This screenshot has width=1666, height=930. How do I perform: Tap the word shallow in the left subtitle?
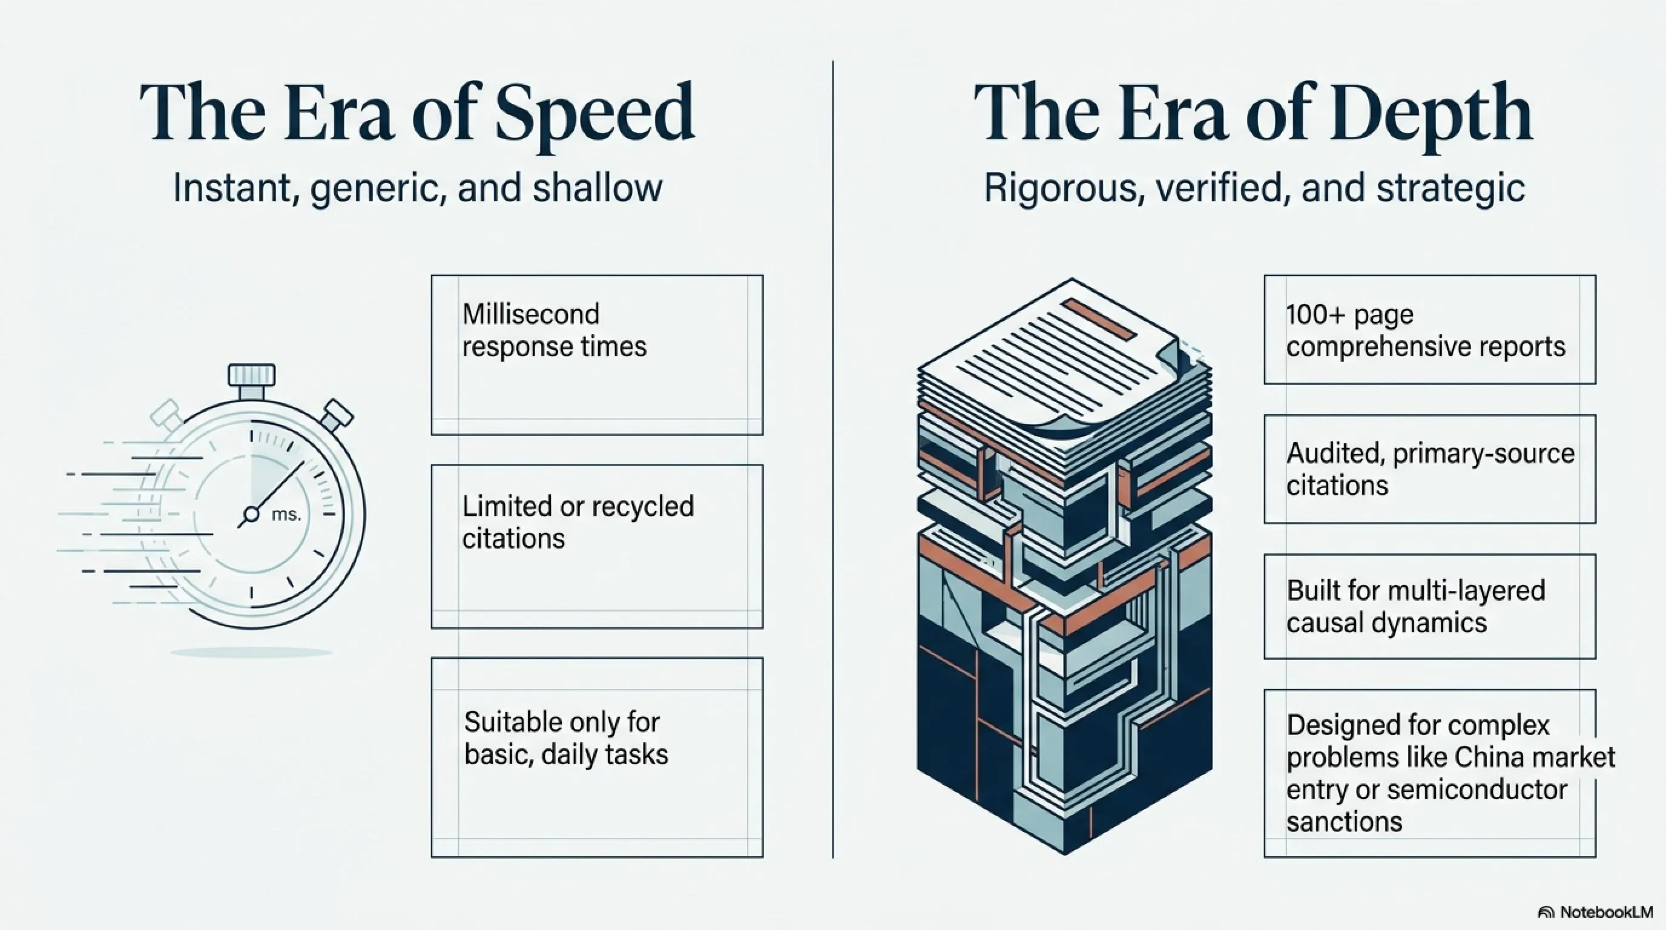coord(598,188)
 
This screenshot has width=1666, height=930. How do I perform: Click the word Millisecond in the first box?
coord(531,314)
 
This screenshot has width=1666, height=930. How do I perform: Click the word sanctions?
coord(1344,822)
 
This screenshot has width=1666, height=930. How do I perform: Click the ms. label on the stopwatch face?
coord(286,514)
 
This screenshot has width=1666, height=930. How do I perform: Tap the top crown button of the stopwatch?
coord(252,375)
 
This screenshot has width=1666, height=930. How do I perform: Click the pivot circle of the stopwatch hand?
coord(251,515)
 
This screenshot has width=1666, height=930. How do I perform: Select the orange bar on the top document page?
coord(1098,320)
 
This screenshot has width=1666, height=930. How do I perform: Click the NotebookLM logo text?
coord(1607,912)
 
